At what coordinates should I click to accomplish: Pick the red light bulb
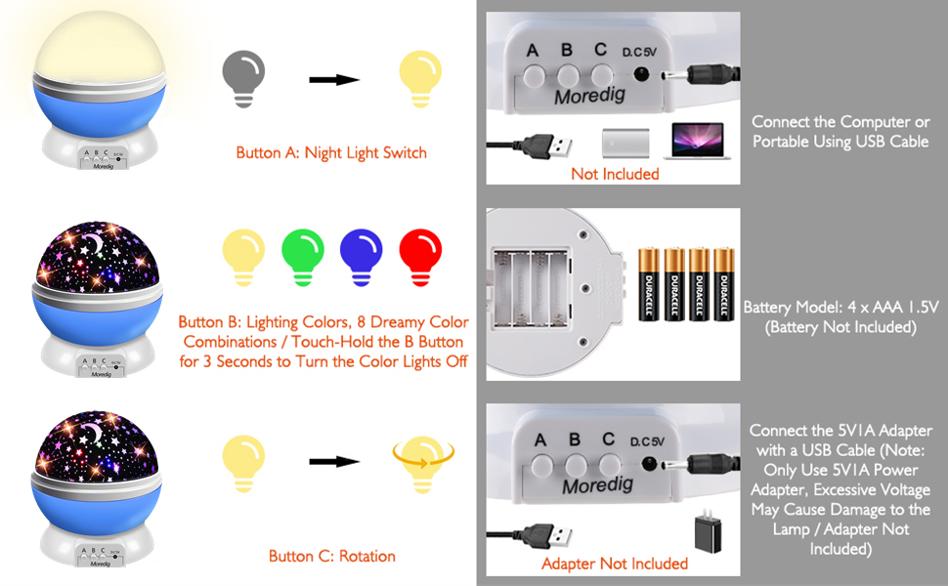421,255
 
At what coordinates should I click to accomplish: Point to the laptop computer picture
694,141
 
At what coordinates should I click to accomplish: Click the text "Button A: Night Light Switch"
331,152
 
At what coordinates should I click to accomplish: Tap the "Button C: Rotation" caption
331,556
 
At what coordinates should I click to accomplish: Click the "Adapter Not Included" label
615,564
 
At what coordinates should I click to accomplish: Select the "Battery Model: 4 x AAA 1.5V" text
840,307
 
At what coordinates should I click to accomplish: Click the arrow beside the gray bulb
334,79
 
